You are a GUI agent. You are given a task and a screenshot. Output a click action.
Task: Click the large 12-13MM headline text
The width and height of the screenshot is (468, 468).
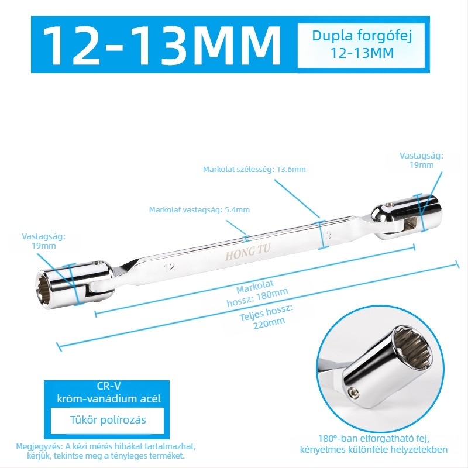(x=162, y=45)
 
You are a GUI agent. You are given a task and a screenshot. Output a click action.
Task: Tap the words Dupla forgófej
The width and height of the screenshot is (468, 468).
(x=362, y=36)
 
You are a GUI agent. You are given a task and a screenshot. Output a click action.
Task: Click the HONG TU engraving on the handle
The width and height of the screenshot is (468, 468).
(x=247, y=252)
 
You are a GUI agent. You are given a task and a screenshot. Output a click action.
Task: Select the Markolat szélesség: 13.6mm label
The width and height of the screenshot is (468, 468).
(x=254, y=169)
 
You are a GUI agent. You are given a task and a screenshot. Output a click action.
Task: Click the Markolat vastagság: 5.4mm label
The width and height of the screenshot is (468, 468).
(x=199, y=209)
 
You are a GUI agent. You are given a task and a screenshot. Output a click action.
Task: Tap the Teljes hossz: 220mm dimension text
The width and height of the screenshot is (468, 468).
(x=266, y=317)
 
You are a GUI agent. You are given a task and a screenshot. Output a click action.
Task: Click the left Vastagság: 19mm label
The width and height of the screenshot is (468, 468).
(x=43, y=241)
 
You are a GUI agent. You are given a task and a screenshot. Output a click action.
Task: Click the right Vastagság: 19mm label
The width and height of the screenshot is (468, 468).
(x=421, y=160)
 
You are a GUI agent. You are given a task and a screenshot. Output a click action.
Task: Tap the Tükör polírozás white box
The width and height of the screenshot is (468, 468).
(x=108, y=420)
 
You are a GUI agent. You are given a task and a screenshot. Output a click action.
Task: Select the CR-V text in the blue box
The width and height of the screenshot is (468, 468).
(x=109, y=386)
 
